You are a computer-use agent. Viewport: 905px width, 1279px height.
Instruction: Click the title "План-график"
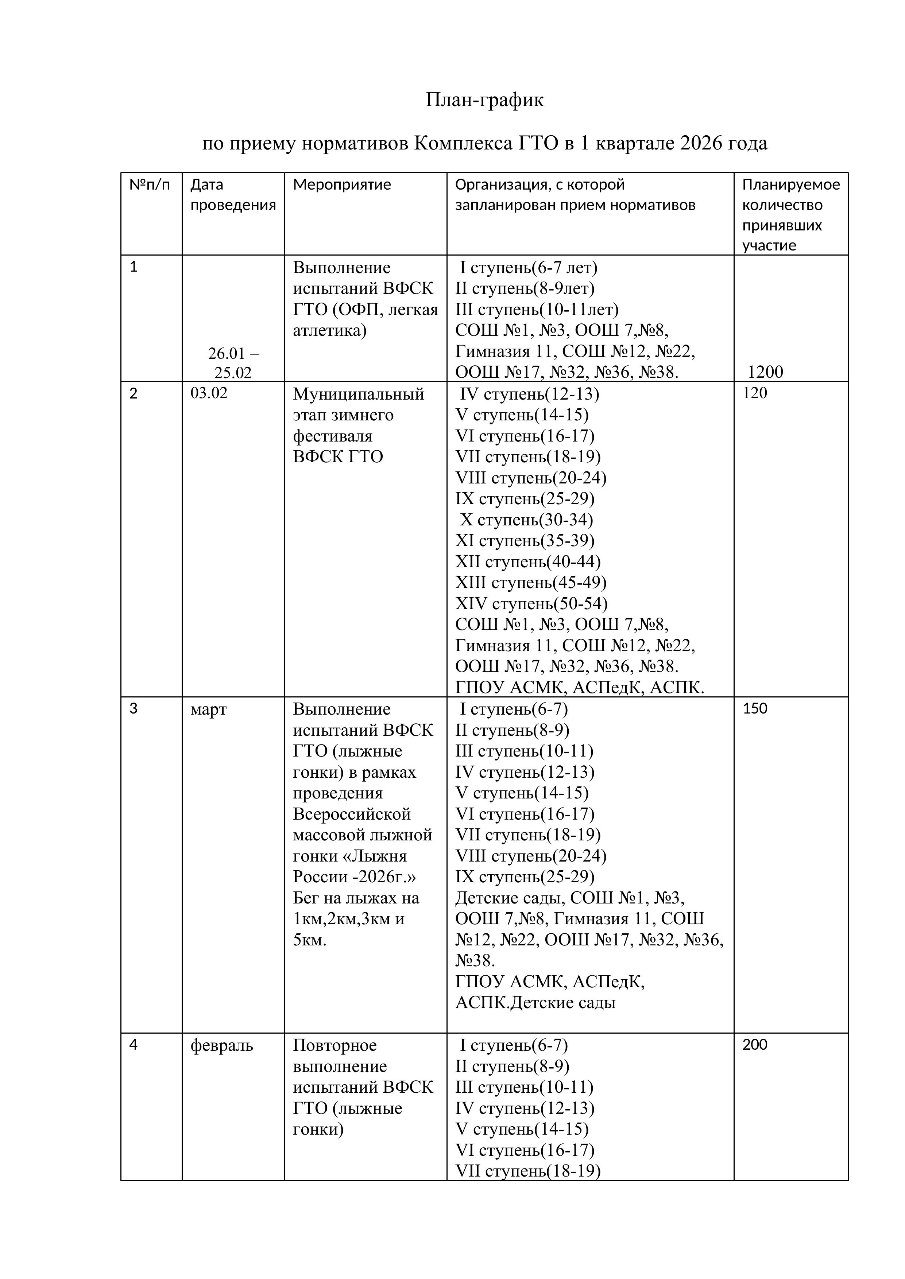[484, 100]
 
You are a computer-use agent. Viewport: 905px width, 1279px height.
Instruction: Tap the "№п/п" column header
[149, 184]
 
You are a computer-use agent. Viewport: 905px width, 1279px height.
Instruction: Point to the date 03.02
[209, 393]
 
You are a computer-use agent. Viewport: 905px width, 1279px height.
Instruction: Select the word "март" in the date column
[208, 710]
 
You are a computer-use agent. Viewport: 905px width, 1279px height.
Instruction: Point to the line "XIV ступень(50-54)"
[531, 604]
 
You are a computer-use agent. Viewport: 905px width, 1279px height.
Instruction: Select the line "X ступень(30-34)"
[526, 520]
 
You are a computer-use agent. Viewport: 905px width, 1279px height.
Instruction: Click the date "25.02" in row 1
[233, 373]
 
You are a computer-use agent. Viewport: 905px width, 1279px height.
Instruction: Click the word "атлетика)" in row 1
[329, 331]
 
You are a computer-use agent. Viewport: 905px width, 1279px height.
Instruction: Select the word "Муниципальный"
[358, 394]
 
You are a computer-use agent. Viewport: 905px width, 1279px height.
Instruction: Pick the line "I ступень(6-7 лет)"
[528, 268]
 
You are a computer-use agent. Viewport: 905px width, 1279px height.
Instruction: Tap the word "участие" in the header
[769, 246]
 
